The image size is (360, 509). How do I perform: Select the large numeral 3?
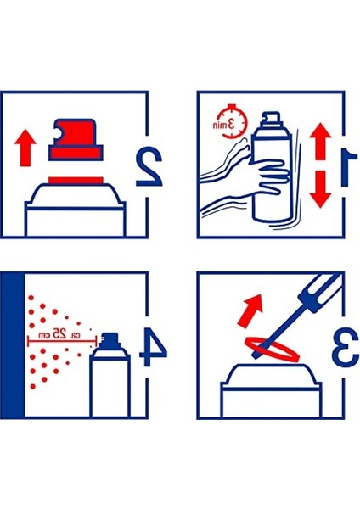(346, 346)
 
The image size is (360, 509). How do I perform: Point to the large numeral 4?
(152, 347)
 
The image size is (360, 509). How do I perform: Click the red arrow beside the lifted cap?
(25, 148)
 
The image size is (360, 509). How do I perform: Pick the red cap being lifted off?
(76, 140)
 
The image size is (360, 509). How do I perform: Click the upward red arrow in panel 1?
(320, 142)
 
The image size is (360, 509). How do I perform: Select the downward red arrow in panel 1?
(320, 189)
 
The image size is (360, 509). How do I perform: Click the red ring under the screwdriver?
(272, 349)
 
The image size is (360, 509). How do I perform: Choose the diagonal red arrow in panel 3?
(250, 310)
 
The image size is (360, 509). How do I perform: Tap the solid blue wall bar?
(13, 345)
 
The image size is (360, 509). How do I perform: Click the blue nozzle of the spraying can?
(110, 339)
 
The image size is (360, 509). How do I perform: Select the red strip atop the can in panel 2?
(76, 181)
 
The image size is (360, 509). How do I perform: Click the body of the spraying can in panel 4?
(110, 383)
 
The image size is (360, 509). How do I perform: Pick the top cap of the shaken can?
(272, 119)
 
